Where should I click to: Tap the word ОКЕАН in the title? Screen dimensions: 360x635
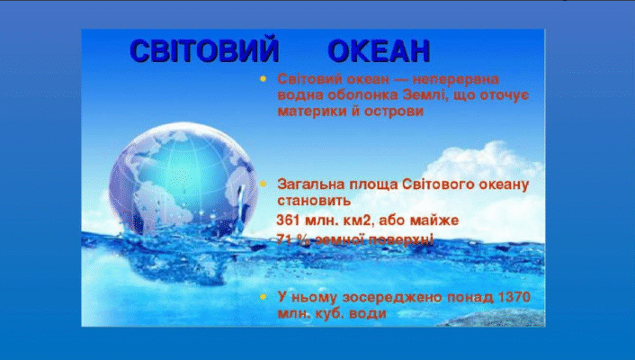[x=378, y=50]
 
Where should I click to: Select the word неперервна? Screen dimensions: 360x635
[x=460, y=80]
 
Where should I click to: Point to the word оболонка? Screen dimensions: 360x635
[x=353, y=96]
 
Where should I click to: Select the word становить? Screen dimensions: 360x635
[x=314, y=201]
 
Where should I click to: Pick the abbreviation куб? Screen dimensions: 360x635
[x=327, y=313]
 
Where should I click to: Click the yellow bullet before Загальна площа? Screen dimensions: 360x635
[x=264, y=183]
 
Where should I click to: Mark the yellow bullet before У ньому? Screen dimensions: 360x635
[x=264, y=296]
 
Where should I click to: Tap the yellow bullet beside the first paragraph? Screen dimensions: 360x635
[x=264, y=79]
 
